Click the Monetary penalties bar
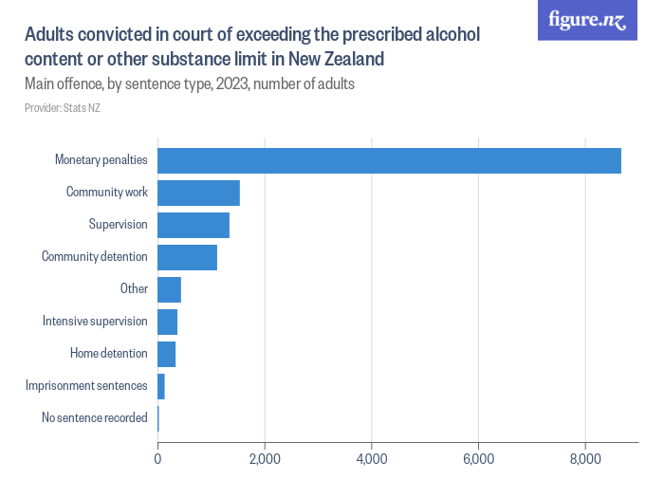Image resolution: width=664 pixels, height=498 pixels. pyautogui.click(x=389, y=160)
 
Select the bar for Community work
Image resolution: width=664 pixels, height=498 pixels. pyautogui.click(x=198, y=193)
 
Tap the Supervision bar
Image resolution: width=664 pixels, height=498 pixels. pyautogui.click(x=194, y=225)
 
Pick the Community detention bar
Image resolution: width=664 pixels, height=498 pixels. pyautogui.click(x=187, y=257)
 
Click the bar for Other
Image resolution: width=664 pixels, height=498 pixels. pyautogui.click(x=169, y=289)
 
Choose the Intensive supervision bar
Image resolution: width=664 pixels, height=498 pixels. pyautogui.click(x=167, y=322)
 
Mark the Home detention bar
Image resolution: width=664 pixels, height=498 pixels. pyautogui.click(x=166, y=354)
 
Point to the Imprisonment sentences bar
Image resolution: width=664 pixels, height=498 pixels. pyautogui.click(x=161, y=386)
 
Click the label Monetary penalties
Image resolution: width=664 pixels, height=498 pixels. pyautogui.click(x=101, y=160)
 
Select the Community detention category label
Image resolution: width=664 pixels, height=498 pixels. pyautogui.click(x=94, y=257)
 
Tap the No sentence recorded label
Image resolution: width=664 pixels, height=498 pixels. pyautogui.click(x=94, y=418)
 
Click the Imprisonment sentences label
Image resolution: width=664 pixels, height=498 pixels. pyautogui.click(x=86, y=386)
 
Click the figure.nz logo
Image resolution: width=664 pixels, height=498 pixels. pyautogui.click(x=587, y=21)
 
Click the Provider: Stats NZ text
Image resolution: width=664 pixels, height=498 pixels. pyautogui.click(x=62, y=108)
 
